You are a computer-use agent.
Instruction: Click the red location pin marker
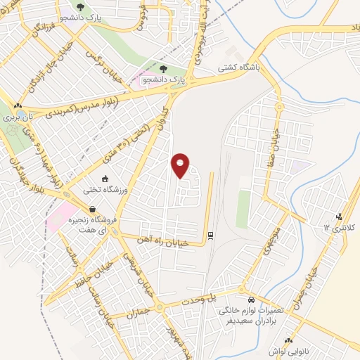pyautogui.click(x=181, y=165)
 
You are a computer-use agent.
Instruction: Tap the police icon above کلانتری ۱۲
pyautogui.click(x=340, y=216)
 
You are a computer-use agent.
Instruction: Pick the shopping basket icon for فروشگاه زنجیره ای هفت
pyautogui.click(x=92, y=210)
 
